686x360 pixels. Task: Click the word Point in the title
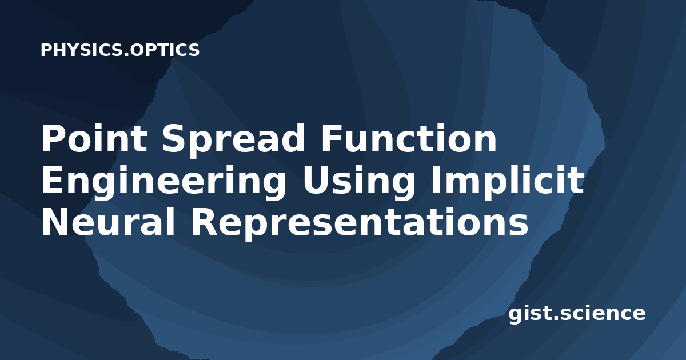point(94,138)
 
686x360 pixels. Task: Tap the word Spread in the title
point(233,141)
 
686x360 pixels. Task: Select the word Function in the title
point(409,138)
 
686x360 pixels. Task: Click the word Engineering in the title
point(163,183)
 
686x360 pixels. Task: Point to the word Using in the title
point(359,183)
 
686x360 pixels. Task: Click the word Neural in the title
point(109,221)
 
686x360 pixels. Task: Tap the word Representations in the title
point(360,224)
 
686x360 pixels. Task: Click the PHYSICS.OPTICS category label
point(120,50)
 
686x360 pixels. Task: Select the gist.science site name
point(577,314)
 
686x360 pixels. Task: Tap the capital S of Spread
point(173,138)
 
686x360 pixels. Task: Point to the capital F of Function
point(331,138)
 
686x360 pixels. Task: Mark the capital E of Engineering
point(53,180)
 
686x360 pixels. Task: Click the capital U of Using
point(316,181)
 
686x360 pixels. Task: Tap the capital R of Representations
point(204,221)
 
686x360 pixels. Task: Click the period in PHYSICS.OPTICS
point(126,55)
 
